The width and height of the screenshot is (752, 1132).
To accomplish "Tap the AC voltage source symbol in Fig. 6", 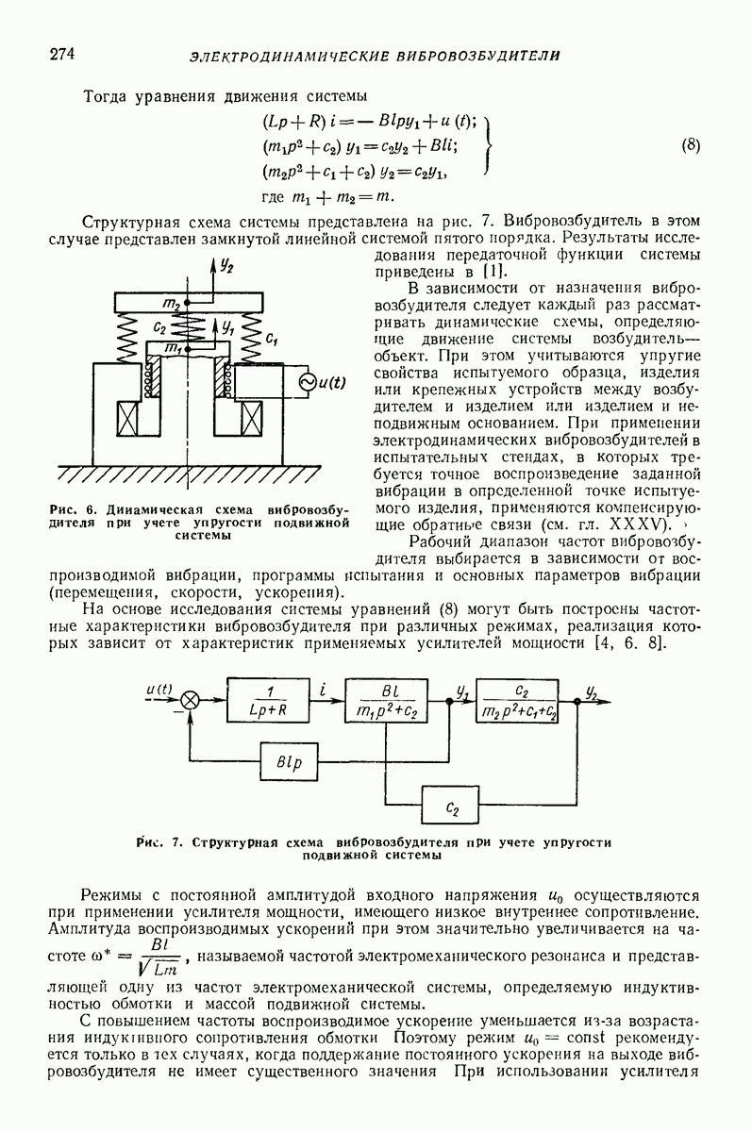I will (307, 382).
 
